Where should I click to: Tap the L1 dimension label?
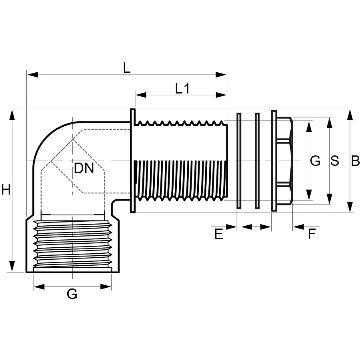(182, 88)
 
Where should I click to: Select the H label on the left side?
(6, 190)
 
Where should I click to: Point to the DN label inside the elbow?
(84, 168)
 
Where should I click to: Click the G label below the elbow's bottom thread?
(72, 294)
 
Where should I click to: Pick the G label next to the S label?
(315, 161)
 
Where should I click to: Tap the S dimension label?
(334, 161)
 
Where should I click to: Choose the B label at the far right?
(355, 161)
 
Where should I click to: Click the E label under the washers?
(218, 234)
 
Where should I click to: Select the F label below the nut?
(312, 234)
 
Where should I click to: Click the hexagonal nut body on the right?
(285, 161)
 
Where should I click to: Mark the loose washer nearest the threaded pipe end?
(239, 161)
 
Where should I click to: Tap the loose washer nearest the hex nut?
(257, 161)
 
